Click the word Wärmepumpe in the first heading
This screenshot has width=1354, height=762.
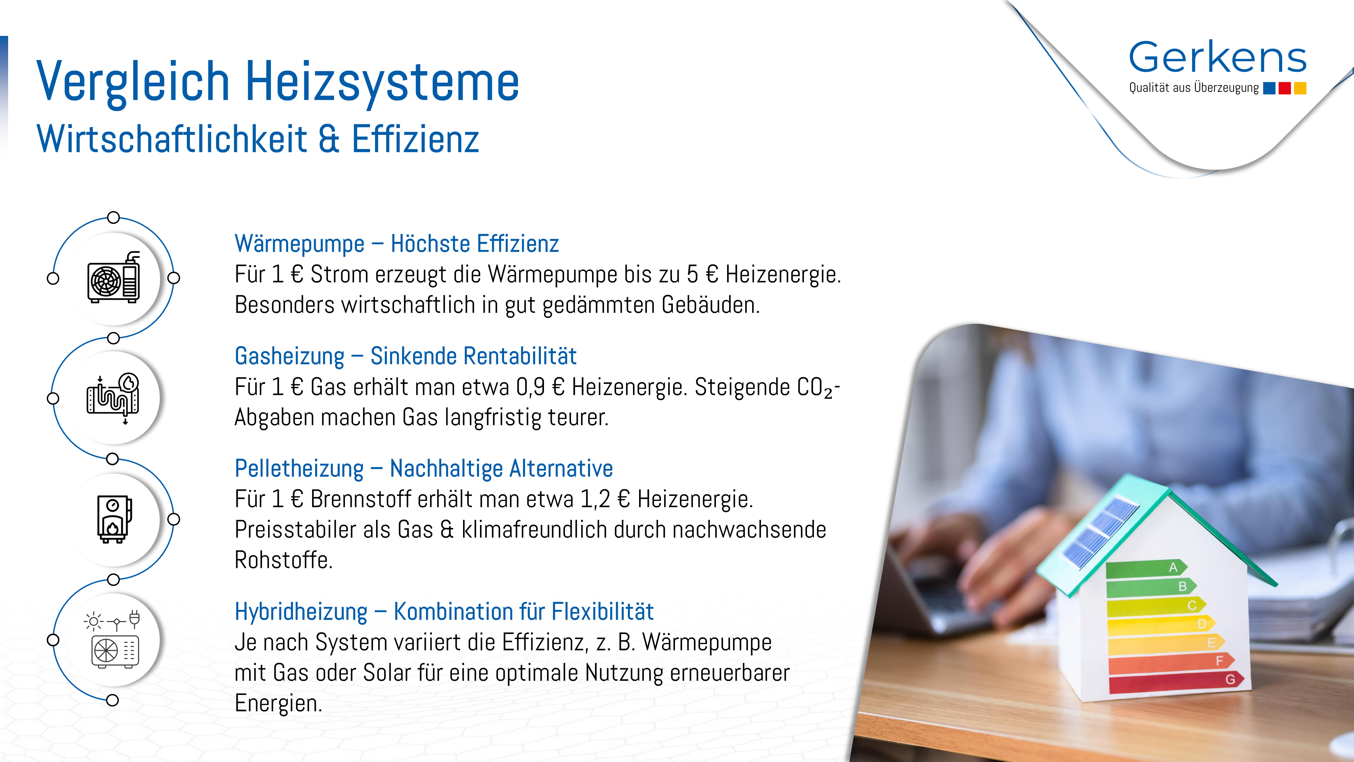tap(300, 244)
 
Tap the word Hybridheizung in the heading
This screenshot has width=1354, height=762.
tap(301, 612)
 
